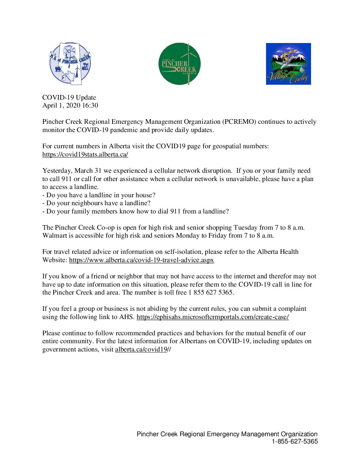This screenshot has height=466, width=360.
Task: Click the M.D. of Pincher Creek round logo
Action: pyautogui.click(x=70, y=64)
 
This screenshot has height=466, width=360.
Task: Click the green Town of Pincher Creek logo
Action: pyautogui.click(x=179, y=64)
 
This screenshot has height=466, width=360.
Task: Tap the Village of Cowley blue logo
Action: pyautogui.click(x=288, y=64)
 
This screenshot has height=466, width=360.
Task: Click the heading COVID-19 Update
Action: pyautogui.click(x=69, y=98)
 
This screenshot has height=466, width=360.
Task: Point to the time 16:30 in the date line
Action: pyautogui.click(x=90, y=106)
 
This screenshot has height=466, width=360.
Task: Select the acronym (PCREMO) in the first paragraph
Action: pyautogui.click(x=239, y=122)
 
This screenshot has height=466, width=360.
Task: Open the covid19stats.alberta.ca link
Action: pyautogui.click(x=85, y=155)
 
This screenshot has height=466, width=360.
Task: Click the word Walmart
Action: pyautogui.click(x=55, y=236)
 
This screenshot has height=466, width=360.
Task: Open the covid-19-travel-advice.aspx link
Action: pyautogui.click(x=141, y=260)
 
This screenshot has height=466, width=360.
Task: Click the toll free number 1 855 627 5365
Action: pyautogui.click(x=211, y=293)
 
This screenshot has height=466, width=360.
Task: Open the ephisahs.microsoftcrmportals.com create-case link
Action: pyautogui.click(x=212, y=317)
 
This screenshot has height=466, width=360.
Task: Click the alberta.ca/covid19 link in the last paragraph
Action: pyautogui.click(x=141, y=349)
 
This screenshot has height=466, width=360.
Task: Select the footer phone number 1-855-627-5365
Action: pyautogui.click(x=294, y=442)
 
